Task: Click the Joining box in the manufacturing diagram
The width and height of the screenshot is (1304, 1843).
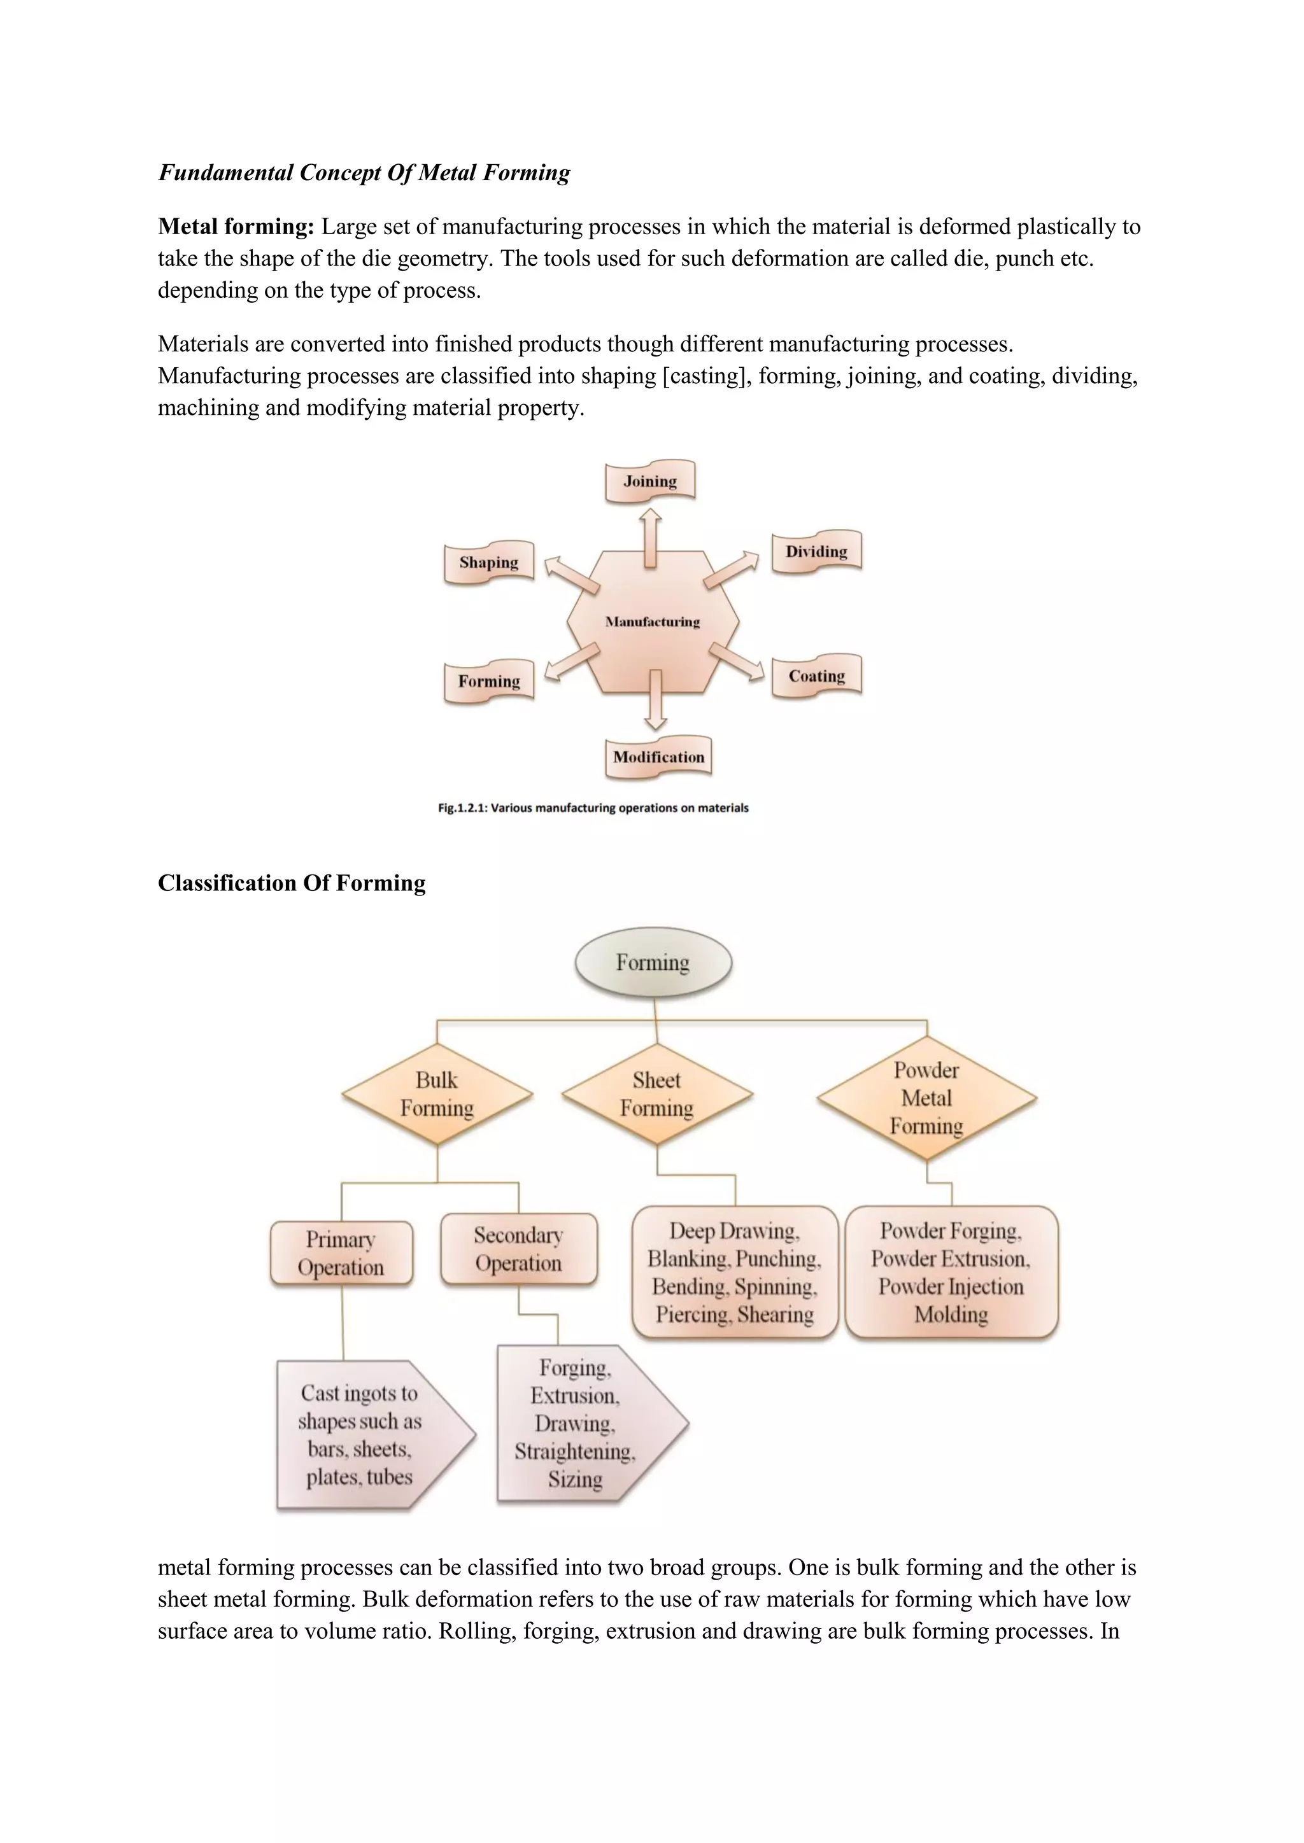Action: click(x=649, y=482)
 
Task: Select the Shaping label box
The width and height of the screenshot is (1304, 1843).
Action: click(x=488, y=562)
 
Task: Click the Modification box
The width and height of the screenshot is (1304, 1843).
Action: click(x=658, y=757)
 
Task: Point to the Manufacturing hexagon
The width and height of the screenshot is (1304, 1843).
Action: click(x=652, y=622)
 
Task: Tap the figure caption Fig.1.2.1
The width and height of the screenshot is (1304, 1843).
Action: click(x=593, y=808)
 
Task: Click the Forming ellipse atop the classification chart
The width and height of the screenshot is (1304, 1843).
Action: click(x=653, y=962)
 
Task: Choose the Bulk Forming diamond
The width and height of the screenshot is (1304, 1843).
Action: click(x=437, y=1094)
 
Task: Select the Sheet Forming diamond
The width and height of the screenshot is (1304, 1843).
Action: click(x=657, y=1094)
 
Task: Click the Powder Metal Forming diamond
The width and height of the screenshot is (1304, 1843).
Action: click(x=926, y=1097)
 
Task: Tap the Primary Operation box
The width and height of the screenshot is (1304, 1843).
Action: click(x=341, y=1253)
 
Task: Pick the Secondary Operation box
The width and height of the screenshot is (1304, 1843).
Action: click(x=519, y=1249)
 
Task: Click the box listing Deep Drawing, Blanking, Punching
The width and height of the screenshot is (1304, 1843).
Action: click(x=735, y=1272)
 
